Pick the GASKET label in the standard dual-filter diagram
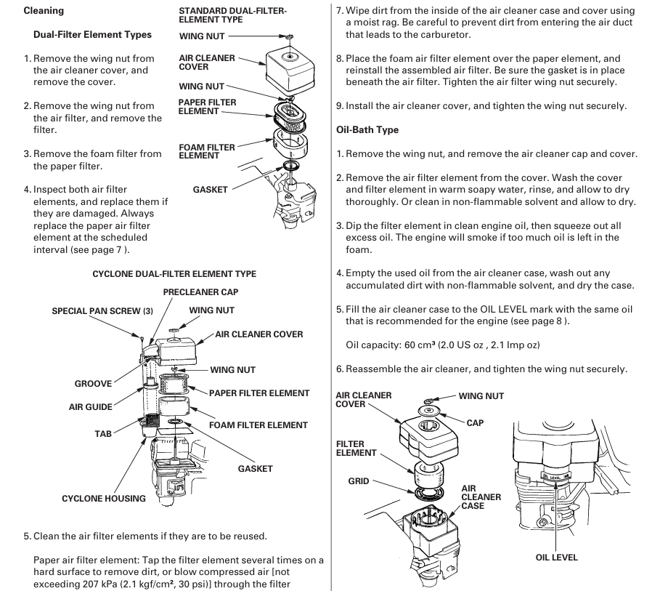click(x=211, y=190)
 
